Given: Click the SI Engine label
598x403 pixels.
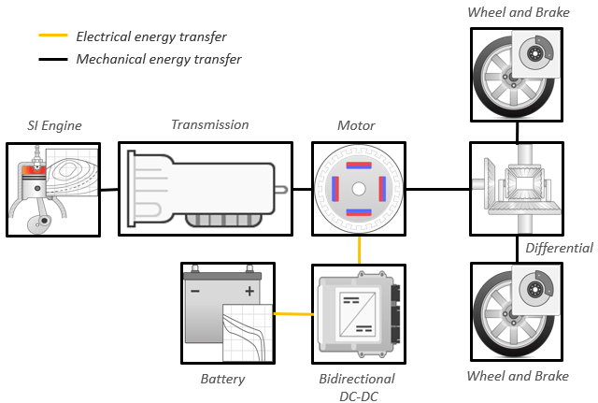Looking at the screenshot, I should click(x=54, y=126).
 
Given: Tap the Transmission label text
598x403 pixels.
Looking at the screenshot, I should click(x=209, y=124).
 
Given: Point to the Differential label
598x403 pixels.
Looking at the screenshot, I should click(x=559, y=248).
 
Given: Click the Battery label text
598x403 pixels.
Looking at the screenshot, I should click(x=222, y=379).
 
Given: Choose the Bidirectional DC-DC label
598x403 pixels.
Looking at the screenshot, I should click(x=357, y=386).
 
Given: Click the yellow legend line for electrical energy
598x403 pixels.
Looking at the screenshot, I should click(x=52, y=37).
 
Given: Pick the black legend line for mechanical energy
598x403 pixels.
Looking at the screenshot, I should click(x=52, y=59).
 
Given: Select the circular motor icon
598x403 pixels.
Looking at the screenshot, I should click(x=358, y=188).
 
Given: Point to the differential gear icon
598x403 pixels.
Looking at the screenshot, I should click(x=517, y=188).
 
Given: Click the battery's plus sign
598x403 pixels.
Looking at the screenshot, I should click(x=249, y=291).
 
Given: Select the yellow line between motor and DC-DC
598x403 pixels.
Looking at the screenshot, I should click(x=359, y=249).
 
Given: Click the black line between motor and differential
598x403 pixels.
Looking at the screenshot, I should click(x=437, y=188).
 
